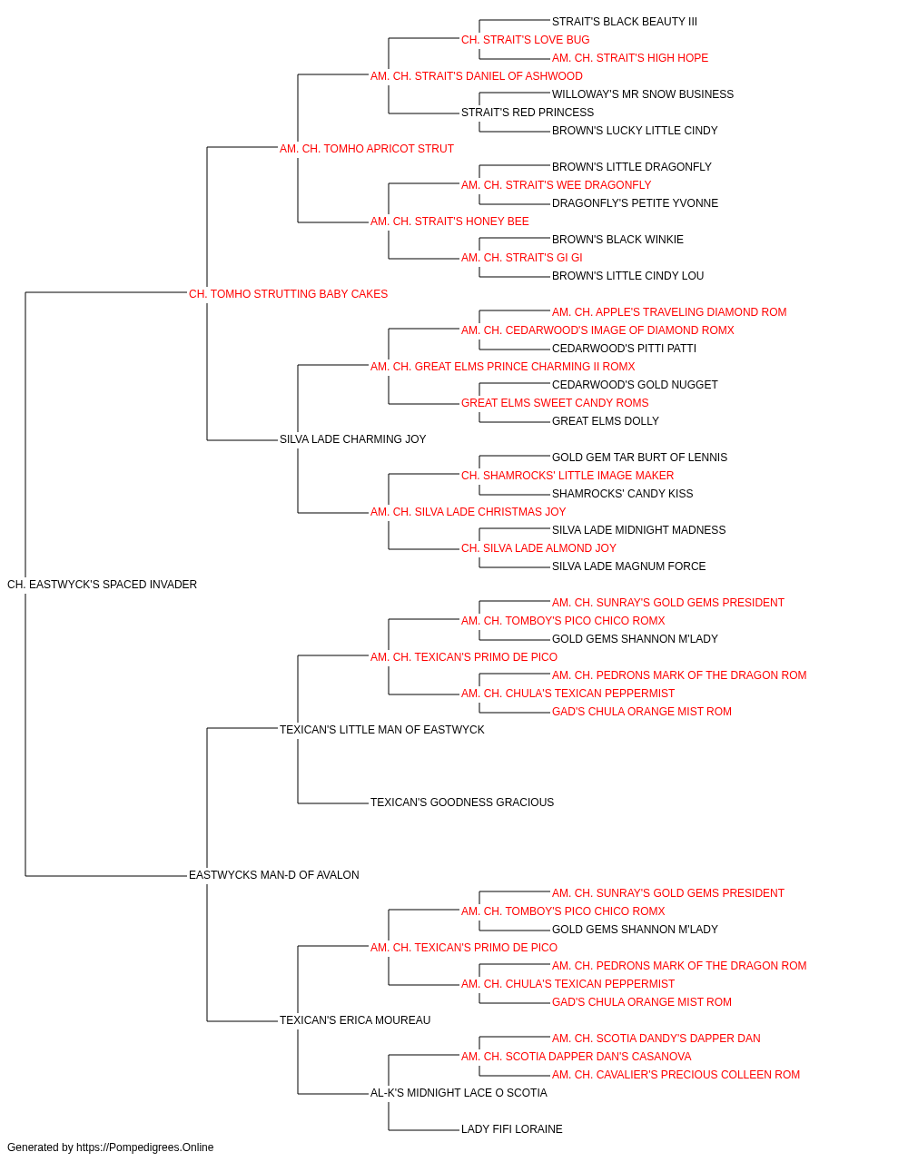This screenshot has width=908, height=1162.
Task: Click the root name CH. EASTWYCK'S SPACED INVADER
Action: [x=102, y=585]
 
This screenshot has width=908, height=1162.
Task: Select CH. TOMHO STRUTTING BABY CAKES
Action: [x=288, y=294]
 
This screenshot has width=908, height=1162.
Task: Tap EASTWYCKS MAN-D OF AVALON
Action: [x=274, y=875]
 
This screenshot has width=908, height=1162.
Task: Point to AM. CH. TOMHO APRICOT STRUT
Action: [x=367, y=149]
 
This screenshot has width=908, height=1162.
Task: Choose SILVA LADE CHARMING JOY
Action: [x=353, y=439]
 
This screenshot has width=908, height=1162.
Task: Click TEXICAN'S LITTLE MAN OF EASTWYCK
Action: [x=381, y=730]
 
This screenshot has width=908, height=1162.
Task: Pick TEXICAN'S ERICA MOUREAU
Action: [x=355, y=1020]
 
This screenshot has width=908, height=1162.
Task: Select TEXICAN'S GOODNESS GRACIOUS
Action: [x=462, y=803]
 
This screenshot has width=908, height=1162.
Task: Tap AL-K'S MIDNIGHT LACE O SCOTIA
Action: [x=459, y=1093]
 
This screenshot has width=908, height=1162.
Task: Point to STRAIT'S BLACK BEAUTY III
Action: [x=625, y=22]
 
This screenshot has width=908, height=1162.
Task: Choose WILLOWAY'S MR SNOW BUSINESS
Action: [x=643, y=94]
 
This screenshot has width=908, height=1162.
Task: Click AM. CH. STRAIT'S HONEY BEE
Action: [x=449, y=222]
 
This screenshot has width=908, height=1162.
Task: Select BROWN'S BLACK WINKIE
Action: [x=617, y=240]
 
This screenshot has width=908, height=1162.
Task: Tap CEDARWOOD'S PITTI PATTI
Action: [x=624, y=349]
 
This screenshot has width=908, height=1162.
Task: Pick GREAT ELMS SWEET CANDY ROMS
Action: [x=555, y=403]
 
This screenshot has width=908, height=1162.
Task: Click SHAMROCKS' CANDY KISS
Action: [x=623, y=494]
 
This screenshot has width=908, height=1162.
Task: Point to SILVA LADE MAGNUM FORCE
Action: [x=629, y=566]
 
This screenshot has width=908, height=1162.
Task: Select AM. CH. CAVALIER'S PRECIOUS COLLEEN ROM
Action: [x=676, y=1075]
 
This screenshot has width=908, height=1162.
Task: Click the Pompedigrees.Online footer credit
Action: [x=110, y=1147]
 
